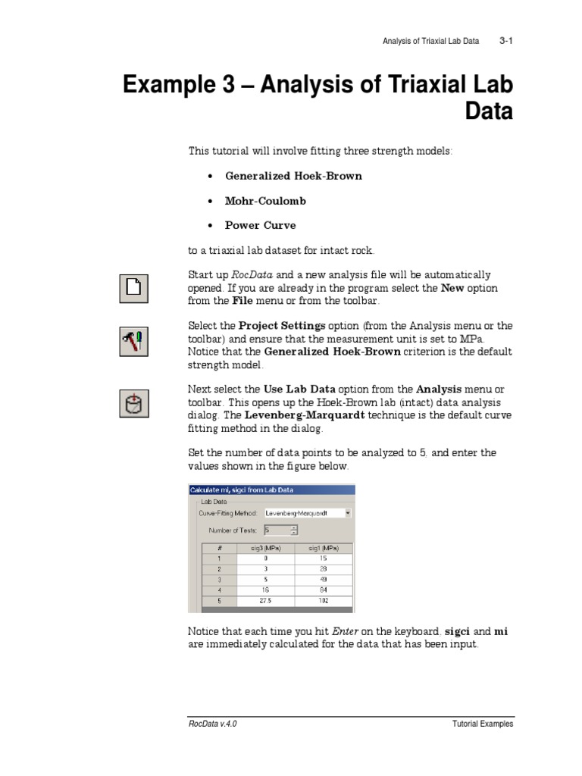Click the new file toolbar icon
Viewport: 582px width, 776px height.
click(133, 288)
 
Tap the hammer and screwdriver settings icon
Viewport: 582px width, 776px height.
click(133, 340)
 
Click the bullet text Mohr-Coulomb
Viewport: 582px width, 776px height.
click(265, 201)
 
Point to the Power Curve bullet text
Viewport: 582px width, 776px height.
click(260, 225)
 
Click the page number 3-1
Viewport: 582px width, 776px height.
click(506, 41)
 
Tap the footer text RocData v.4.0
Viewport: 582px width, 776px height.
click(213, 724)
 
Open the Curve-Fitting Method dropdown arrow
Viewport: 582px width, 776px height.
click(347, 513)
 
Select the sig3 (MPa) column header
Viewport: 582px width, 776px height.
click(266, 547)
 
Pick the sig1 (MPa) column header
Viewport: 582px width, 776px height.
click(323, 547)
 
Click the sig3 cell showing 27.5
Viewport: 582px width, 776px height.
click(266, 600)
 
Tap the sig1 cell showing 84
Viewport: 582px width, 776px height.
click(323, 590)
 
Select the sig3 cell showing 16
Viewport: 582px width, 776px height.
click(266, 590)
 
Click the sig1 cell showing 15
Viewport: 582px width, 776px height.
click(323, 558)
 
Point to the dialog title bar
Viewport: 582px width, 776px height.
click(271, 490)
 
